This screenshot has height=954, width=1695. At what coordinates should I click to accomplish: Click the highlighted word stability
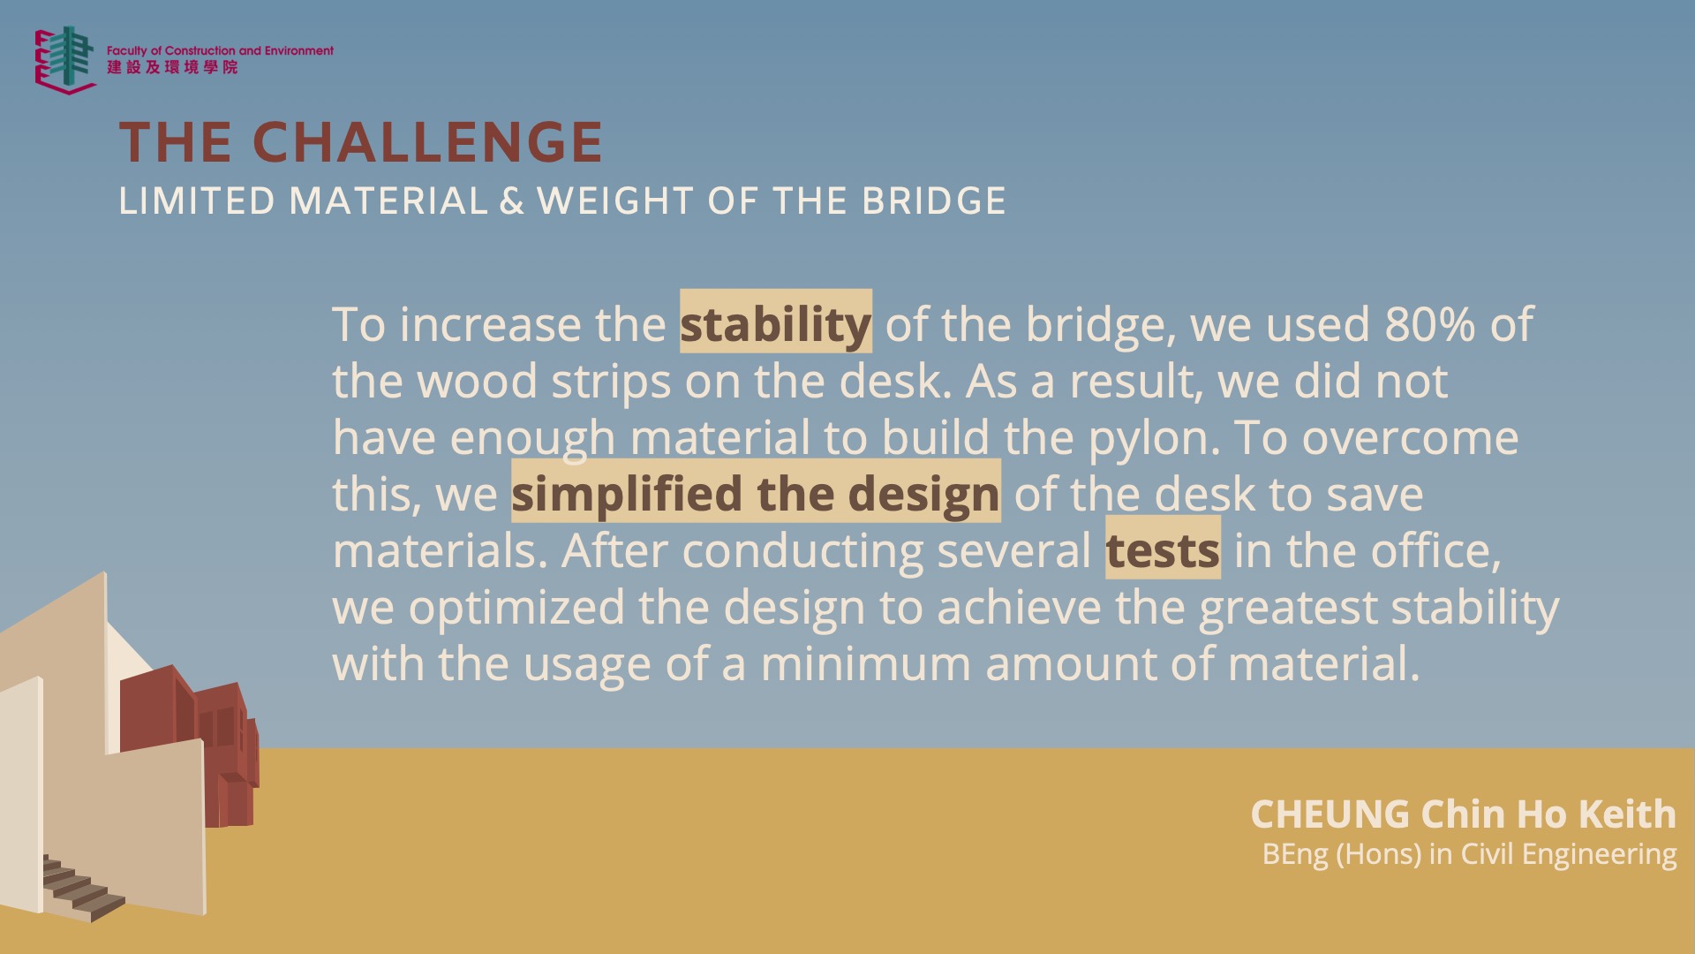click(775, 323)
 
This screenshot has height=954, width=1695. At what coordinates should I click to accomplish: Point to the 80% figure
click(1429, 324)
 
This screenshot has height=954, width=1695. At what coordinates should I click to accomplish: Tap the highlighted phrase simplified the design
click(756, 493)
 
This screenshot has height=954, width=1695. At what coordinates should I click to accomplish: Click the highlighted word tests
click(1163, 549)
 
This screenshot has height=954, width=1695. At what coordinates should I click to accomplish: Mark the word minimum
click(865, 663)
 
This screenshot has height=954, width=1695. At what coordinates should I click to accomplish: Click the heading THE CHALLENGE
click(361, 142)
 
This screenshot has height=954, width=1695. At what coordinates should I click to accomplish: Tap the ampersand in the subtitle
click(512, 201)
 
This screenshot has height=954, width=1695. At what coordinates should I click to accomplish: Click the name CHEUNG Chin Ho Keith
click(1463, 814)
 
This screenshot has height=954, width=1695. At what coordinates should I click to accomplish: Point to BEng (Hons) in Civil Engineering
click(1469, 854)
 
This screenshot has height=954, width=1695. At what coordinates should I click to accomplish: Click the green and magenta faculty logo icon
click(64, 60)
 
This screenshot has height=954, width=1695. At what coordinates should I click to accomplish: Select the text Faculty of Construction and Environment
click(220, 51)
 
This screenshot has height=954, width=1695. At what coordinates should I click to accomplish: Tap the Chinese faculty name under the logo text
click(172, 67)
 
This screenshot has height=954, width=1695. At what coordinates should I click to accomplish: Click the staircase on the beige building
click(81, 889)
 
